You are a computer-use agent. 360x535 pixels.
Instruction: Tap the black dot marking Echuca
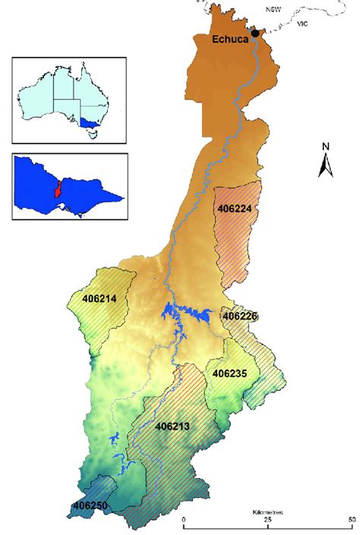click(255, 33)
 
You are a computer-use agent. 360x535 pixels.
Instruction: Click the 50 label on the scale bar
click(350, 520)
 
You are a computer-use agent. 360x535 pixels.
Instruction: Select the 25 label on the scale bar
click(267, 520)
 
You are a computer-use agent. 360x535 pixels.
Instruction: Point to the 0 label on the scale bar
click(184, 520)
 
